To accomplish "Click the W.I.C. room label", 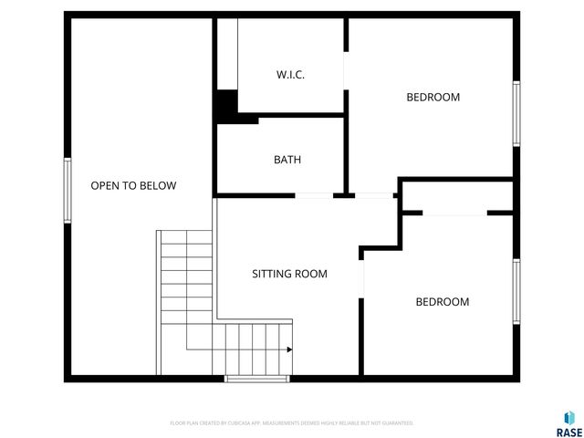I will (290, 75).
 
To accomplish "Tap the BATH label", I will (287, 160).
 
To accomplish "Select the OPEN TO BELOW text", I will (133, 185).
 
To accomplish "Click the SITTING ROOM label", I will (289, 274).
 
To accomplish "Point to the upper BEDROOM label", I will (433, 97).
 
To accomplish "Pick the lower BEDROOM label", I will (443, 302).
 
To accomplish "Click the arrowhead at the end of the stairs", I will (288, 349).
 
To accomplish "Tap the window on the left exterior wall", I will (67, 190).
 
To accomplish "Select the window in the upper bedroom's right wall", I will (516, 113).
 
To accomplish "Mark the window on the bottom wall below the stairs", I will (257, 378).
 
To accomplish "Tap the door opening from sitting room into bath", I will (314, 195).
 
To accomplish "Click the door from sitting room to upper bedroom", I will (373, 195).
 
